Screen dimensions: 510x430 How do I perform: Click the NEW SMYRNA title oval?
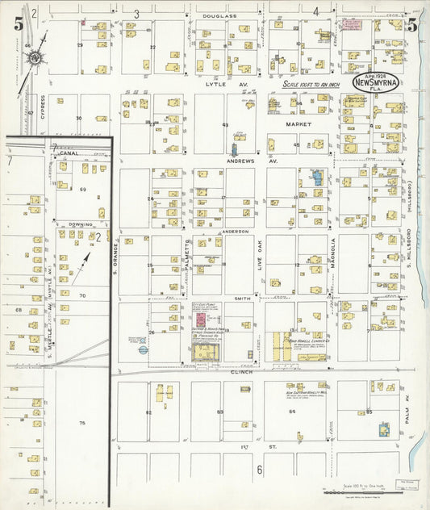coord(374,86)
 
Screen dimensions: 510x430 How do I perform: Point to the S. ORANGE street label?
coord(115,257)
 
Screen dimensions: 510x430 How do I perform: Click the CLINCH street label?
coord(240,372)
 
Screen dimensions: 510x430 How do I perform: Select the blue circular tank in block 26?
coord(143,350)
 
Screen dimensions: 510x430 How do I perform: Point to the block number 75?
coord(81,423)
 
